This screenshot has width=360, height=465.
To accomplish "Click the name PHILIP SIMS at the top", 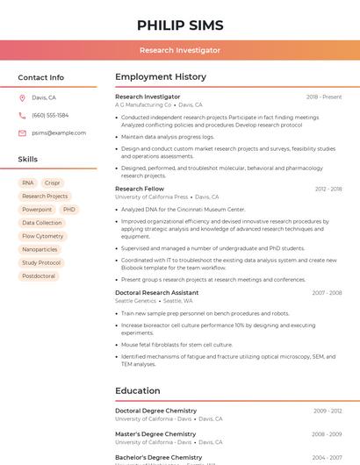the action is (x=180, y=25).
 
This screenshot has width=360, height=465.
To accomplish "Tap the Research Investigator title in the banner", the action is (x=180, y=50).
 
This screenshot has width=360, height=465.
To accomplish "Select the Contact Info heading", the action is (x=40, y=77).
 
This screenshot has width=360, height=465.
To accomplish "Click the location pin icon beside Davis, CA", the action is (x=22, y=98).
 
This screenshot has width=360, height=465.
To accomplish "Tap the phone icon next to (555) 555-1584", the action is (x=22, y=116).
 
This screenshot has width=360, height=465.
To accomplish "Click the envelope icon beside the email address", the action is (x=22, y=133).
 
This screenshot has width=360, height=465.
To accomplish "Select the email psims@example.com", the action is (x=59, y=133).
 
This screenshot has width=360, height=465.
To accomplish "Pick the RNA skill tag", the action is (x=28, y=183).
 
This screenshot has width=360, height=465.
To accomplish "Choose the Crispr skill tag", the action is (x=52, y=183).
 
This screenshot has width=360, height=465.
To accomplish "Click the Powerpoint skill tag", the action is (x=37, y=210).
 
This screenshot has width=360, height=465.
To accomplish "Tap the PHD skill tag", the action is (x=69, y=210).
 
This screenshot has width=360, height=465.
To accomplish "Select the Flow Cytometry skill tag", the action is (x=42, y=236).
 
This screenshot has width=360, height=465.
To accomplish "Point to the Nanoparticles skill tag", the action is (x=40, y=249).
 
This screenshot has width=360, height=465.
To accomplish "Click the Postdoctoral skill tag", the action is (x=39, y=275).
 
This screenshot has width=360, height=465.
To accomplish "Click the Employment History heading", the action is (x=161, y=77).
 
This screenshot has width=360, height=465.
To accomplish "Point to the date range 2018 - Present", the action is (x=324, y=97).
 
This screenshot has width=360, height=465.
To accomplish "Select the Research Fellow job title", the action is (x=140, y=189).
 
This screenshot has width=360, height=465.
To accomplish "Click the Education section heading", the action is (x=138, y=390).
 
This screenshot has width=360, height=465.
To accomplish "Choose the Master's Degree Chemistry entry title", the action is (x=155, y=433).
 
